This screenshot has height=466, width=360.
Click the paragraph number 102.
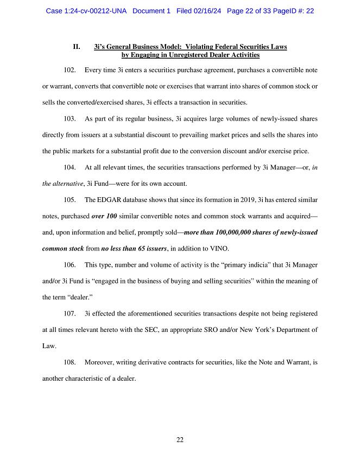pyautogui.click(x=70, y=71)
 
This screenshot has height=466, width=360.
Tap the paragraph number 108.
pyautogui.click(x=70, y=362)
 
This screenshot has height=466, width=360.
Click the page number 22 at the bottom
pyautogui.click(x=180, y=440)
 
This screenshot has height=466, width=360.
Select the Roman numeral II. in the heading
pyautogui.click(x=77, y=47)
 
